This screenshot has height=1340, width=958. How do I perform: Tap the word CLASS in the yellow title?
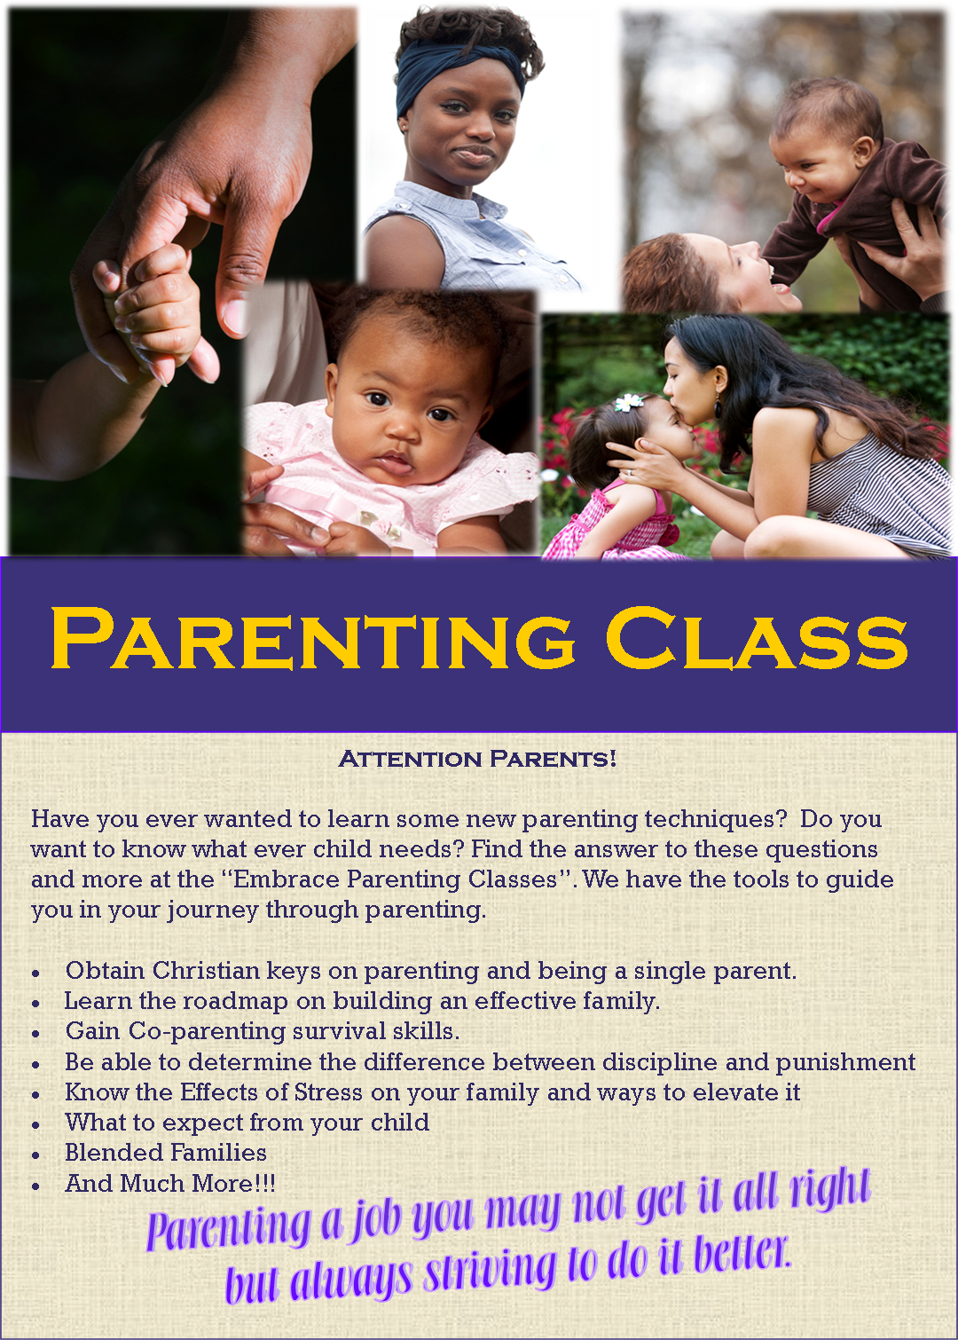(756, 639)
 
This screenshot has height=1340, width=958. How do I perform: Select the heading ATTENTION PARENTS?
(477, 760)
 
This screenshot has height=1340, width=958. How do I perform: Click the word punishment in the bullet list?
(845, 1062)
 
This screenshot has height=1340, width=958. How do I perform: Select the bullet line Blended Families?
(166, 1153)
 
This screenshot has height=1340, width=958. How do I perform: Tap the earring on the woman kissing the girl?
(718, 410)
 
